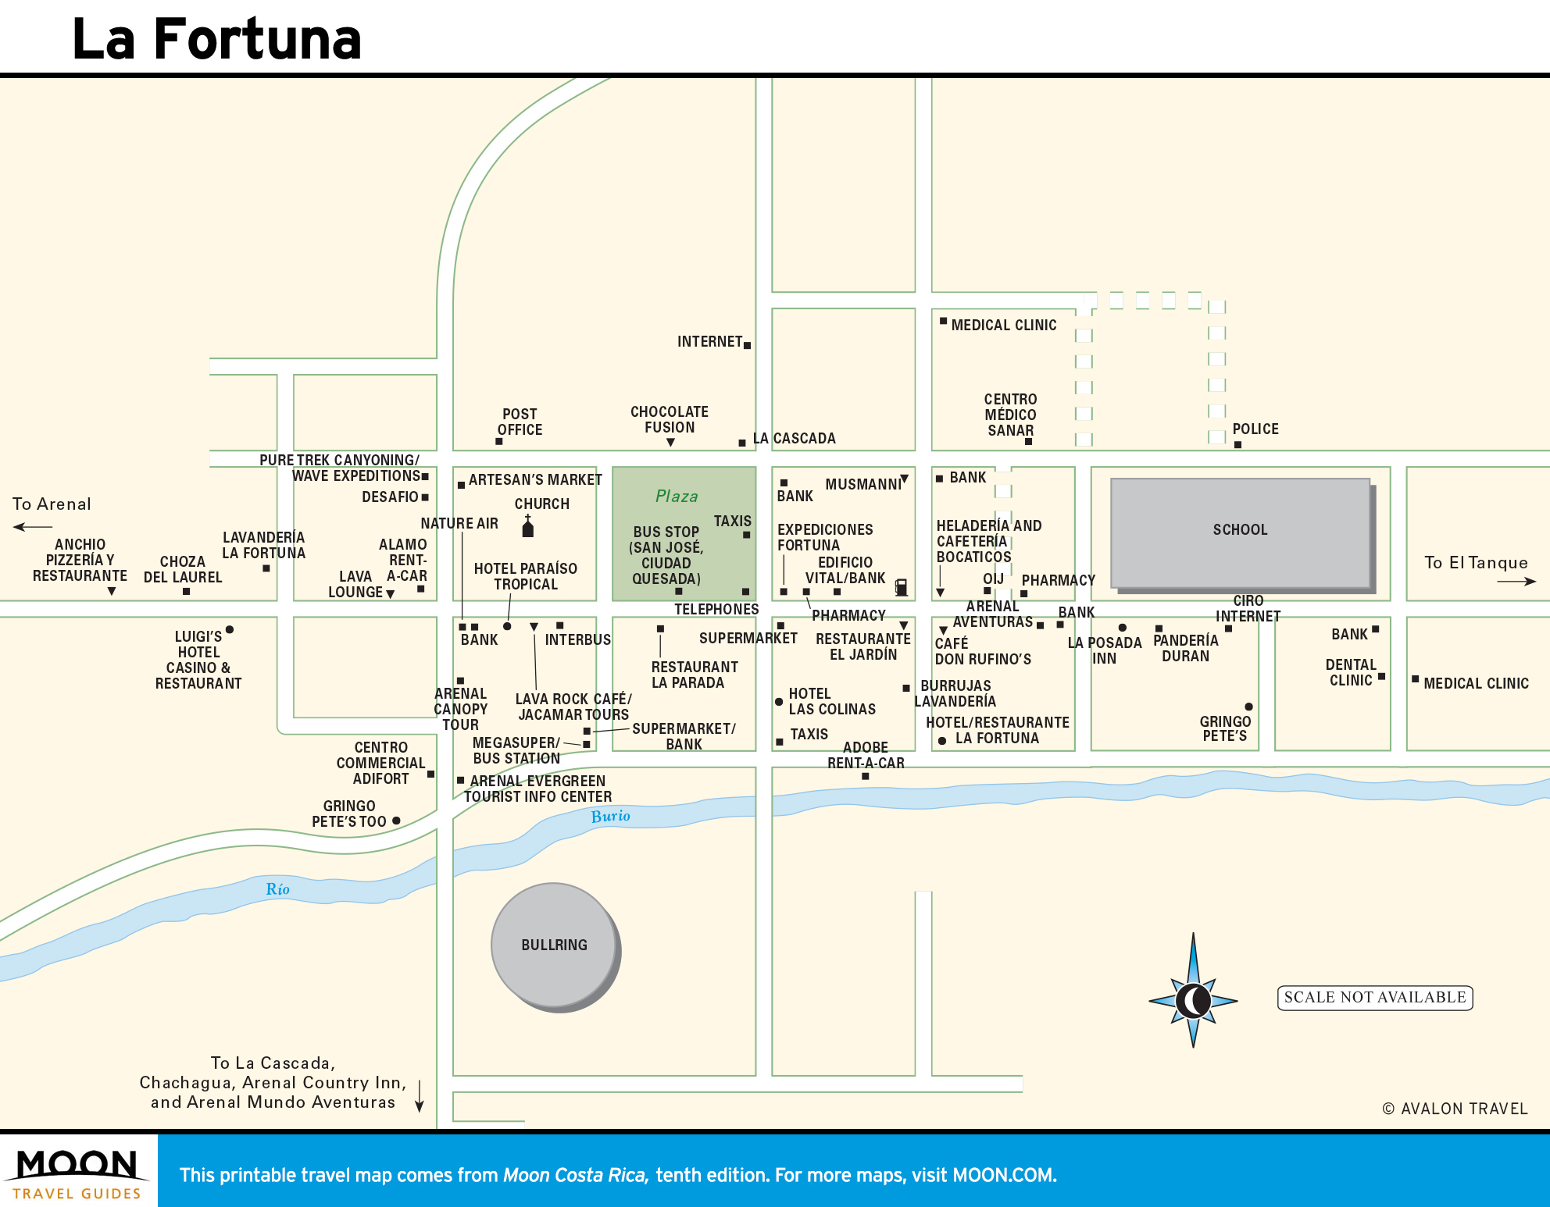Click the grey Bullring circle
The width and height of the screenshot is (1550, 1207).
tap(555, 945)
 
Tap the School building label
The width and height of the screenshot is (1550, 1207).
tap(1240, 530)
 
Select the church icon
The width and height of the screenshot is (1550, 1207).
tap(527, 527)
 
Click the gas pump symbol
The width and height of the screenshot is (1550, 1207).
tap(901, 586)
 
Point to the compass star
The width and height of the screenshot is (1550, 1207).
tap(1193, 1000)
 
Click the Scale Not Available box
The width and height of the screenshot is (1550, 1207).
tap(1375, 998)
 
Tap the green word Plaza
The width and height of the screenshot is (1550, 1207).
tap(677, 497)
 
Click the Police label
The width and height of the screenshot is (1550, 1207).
tap(1255, 429)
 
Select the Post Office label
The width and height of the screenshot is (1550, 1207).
tap(520, 422)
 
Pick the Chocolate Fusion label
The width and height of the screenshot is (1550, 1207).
tap(670, 419)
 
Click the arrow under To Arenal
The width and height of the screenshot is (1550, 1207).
tap(33, 527)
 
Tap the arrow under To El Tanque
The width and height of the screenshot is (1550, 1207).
tap(1516, 581)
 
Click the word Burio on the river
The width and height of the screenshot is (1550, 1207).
tap(610, 817)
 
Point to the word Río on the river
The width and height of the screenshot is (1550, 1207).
tap(277, 889)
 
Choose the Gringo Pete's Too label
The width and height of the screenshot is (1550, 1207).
tap(349, 814)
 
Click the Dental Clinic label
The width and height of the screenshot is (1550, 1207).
tap(1351, 672)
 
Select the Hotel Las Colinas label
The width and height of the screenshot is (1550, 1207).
tap(831, 701)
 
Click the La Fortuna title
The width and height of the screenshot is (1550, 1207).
tap(216, 39)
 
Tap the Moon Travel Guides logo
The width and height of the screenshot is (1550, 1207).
tap(77, 1171)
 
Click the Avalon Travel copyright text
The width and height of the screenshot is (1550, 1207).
tap(1455, 1109)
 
